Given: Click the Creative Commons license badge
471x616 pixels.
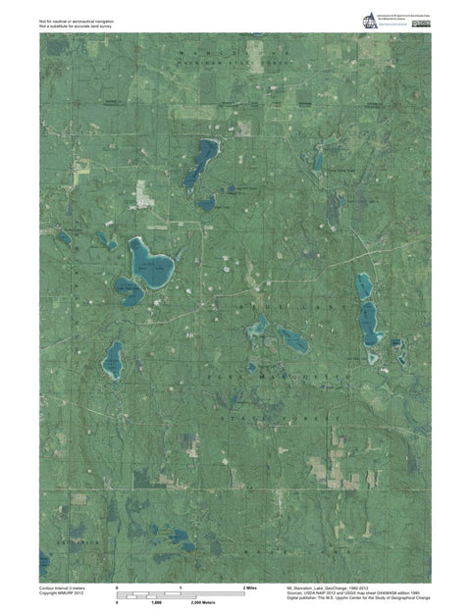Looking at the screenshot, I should tap(419, 18).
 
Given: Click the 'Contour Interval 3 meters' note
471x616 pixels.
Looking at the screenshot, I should tap(62, 587).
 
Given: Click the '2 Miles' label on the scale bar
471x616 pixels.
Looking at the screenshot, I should tap(249, 587).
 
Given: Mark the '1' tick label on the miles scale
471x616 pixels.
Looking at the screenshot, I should tap(181, 587).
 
